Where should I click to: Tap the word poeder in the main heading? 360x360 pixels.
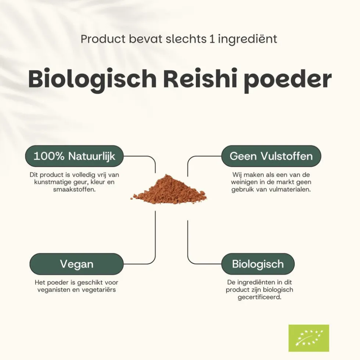pos(288,80)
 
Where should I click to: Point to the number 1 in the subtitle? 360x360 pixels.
pos(212,39)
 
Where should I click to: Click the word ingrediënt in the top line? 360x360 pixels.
pos(247,39)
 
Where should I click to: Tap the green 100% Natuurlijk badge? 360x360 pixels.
pos(74,156)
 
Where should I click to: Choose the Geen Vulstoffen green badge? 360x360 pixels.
pos(271,156)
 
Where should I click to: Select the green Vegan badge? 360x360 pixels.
pos(76,264)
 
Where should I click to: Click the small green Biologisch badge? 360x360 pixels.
pos(258,264)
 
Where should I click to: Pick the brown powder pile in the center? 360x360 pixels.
pos(169,190)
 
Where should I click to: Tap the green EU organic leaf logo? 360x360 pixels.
pos(309,338)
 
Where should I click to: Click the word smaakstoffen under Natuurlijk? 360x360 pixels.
pos(74,190)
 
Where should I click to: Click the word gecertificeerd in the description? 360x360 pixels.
pos(259,297)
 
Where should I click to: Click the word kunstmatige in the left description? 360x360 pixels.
pos(53,182)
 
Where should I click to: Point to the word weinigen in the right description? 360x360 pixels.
pos(244,182)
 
